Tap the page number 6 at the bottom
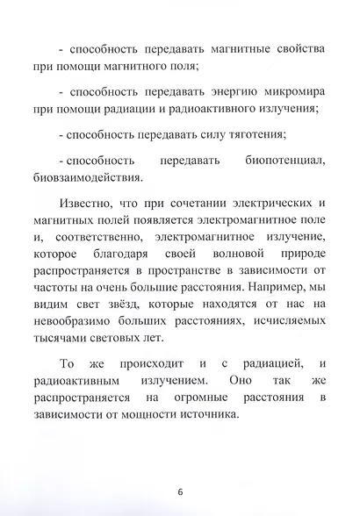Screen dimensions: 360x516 pos(179,491)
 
